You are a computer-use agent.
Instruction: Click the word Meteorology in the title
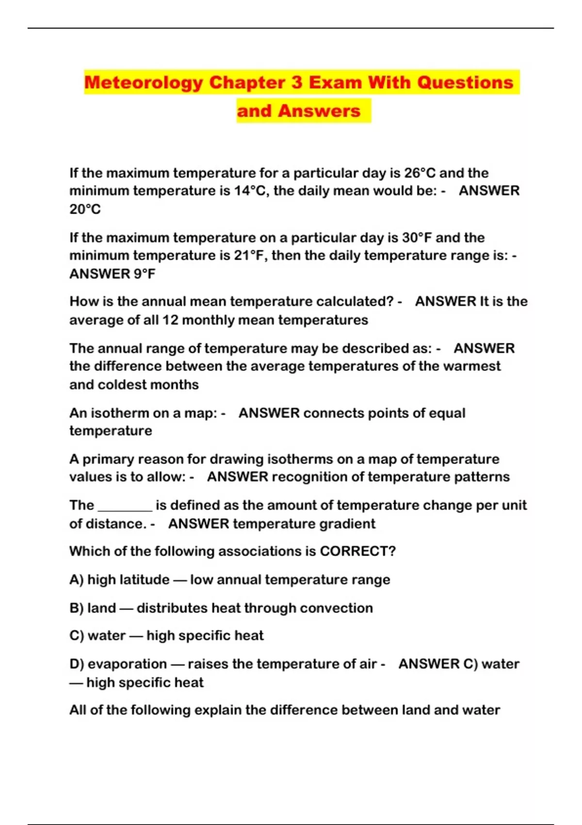144,82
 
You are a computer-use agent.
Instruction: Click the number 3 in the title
296,82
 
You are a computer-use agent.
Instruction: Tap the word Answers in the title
319,111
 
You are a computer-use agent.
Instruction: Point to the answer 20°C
85,210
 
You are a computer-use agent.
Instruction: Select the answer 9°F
145,274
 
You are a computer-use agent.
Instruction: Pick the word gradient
349,524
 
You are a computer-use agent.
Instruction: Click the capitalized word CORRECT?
357,552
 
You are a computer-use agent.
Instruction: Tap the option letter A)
76,580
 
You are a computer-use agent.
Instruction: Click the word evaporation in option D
127,664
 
